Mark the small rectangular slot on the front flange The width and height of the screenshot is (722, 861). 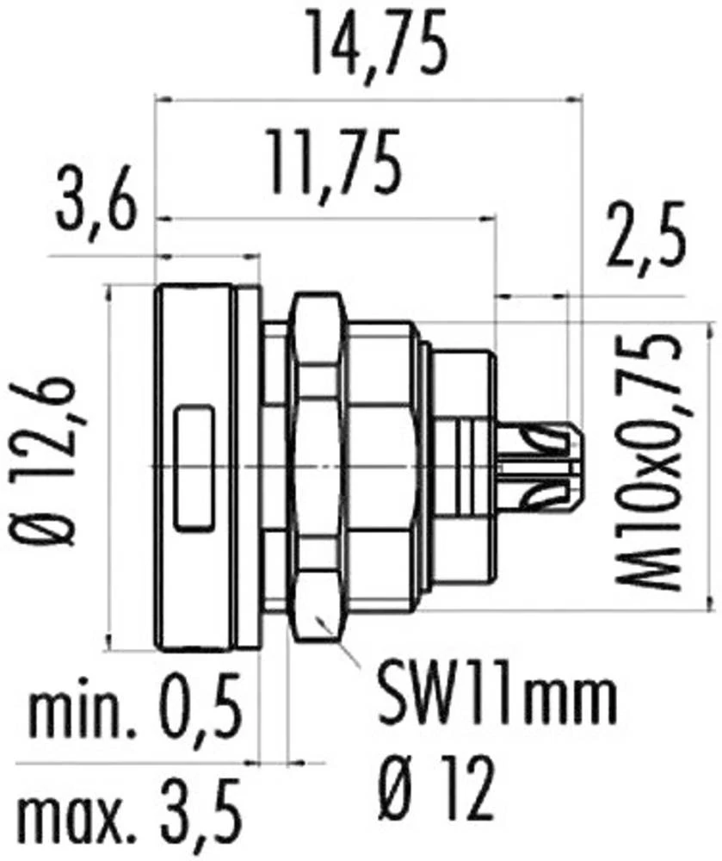click(x=194, y=468)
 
